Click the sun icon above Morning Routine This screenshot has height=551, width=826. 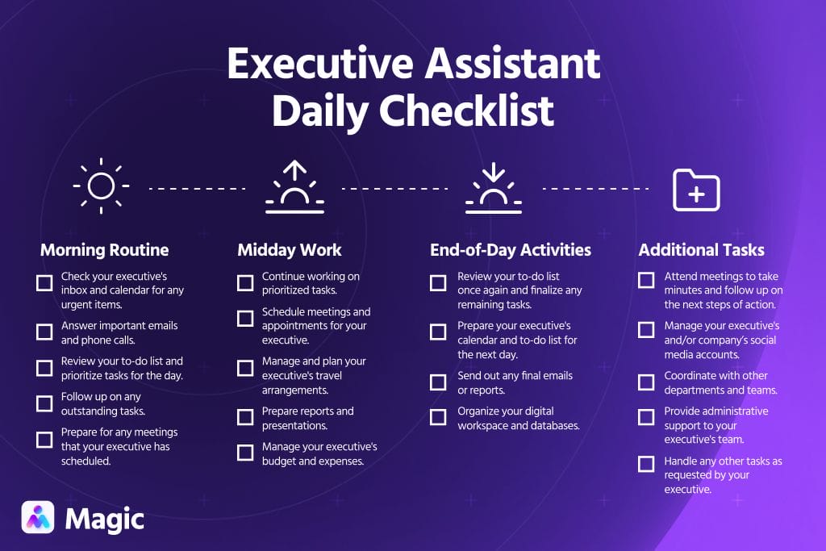pos(101,186)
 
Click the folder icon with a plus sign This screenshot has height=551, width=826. pos(696,190)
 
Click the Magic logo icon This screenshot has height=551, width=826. pos(38,518)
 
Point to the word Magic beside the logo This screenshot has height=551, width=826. pos(105,519)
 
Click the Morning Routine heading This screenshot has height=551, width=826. pos(105,249)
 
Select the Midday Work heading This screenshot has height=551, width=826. pos(290,249)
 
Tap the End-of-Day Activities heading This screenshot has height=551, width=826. pos(511,249)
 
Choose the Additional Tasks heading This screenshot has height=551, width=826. pos(702,249)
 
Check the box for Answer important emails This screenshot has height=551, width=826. pos(44,332)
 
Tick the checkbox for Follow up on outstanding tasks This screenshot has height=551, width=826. pos(44,403)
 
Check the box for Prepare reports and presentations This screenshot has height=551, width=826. pos(245,417)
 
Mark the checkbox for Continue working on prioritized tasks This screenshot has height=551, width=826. pos(245,283)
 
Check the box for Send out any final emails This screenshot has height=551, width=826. pos(438,382)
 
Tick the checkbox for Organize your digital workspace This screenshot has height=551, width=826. pos(438,417)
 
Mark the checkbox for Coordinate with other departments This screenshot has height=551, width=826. pos(646,382)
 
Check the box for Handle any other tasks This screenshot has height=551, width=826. pos(646,464)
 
